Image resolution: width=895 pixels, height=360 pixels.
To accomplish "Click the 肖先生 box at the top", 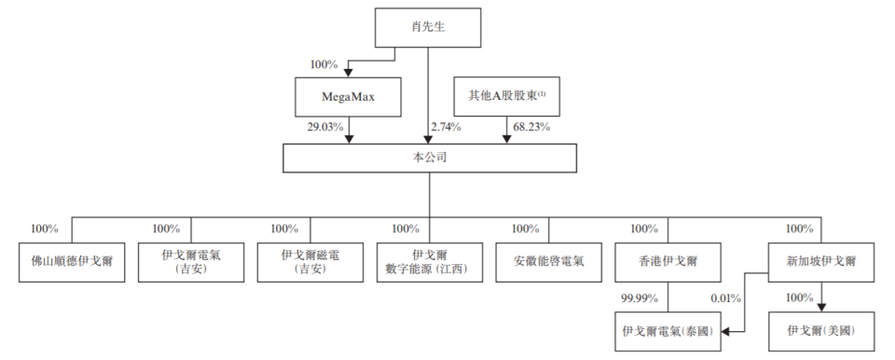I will (428, 28).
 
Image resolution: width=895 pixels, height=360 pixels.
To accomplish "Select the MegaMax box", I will (348, 96).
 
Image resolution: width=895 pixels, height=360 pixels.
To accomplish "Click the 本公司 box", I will (428, 158).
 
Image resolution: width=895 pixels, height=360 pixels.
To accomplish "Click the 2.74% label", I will (446, 126).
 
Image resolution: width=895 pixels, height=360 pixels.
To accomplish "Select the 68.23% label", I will (532, 126).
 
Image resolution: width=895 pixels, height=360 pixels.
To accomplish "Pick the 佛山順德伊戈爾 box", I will (71, 263).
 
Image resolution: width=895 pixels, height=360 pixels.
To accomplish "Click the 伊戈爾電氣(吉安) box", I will (190, 263).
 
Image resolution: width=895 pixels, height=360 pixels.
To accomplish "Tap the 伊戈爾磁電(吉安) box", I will (310, 263).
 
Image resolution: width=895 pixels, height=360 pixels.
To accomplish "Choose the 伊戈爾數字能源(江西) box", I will (430, 263).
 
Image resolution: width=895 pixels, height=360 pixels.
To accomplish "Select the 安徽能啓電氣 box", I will (548, 263).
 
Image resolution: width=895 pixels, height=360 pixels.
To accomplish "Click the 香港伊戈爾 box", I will (668, 263).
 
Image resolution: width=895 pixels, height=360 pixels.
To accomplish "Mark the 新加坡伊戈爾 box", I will (821, 263).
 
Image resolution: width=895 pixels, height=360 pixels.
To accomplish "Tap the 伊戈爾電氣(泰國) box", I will (668, 330).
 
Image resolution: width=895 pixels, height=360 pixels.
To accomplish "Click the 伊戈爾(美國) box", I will (820, 330).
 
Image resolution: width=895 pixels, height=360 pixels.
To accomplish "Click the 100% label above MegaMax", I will (324, 64).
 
